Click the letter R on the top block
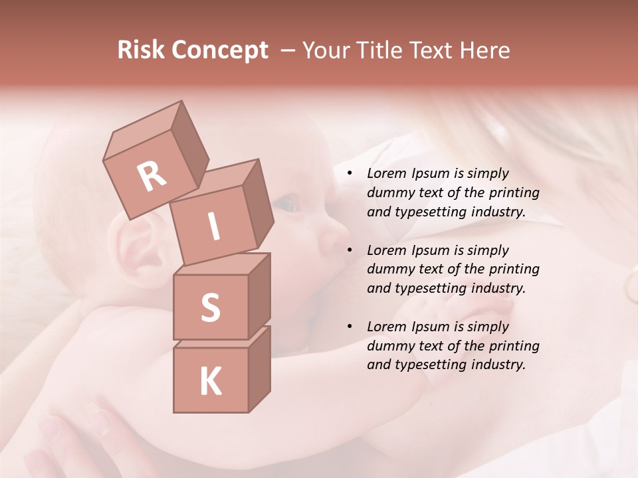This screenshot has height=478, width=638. click(x=152, y=176)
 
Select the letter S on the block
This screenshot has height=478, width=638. click(x=210, y=307)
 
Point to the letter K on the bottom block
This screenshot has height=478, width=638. click(x=210, y=382)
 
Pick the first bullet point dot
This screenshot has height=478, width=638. click(x=350, y=173)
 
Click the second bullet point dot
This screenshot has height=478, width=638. click(x=350, y=250)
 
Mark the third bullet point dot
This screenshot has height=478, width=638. click(x=350, y=327)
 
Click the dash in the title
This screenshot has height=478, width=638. click(x=288, y=50)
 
